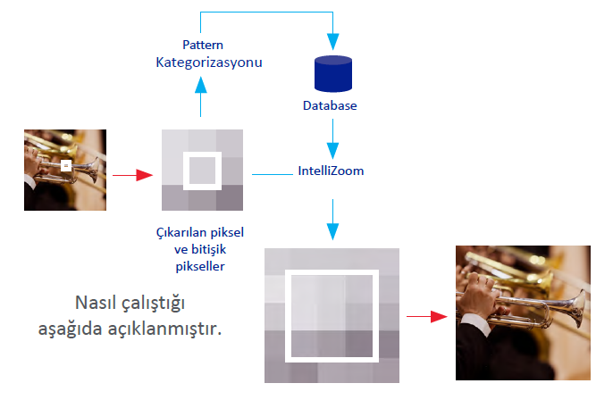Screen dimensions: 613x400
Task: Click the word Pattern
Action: point(203,45)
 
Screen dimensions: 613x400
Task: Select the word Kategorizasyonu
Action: point(209,62)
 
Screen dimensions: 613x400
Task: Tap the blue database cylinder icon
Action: point(333,74)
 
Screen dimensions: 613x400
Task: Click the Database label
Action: point(330,105)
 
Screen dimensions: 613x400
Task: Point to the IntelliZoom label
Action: point(331,171)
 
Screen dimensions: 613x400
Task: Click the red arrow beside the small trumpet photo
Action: point(132,175)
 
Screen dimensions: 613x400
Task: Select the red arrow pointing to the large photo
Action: point(427,316)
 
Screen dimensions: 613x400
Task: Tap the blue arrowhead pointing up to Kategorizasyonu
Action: point(200,85)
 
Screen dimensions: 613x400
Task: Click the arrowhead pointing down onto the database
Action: point(332,42)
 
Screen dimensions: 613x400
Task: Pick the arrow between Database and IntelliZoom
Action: point(332,138)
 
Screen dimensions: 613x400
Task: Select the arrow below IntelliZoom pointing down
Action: point(332,220)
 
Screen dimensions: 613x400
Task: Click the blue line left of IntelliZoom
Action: point(273,174)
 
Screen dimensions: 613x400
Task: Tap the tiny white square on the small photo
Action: point(66,166)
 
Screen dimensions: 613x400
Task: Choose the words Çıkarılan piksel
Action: point(200,232)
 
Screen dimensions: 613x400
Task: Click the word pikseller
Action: point(200,266)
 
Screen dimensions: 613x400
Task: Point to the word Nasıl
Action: point(96,303)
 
